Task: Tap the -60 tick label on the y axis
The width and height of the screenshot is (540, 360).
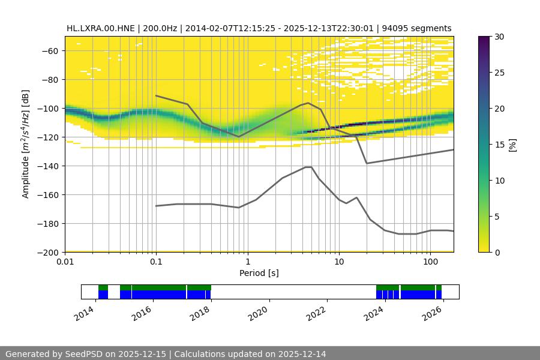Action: (x=49, y=50)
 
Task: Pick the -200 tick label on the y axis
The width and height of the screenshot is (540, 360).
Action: (x=47, y=252)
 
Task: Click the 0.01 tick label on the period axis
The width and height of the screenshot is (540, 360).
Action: (x=65, y=262)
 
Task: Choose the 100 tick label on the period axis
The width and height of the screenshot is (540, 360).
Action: (x=430, y=262)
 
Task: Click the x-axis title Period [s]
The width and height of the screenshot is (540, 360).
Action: (x=259, y=273)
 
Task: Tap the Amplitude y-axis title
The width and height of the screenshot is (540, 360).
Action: (x=25, y=144)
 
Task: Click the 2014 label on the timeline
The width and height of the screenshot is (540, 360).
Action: (x=86, y=313)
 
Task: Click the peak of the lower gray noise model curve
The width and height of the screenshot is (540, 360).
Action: (x=308, y=167)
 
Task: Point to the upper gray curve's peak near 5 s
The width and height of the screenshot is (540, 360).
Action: (x=308, y=103)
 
